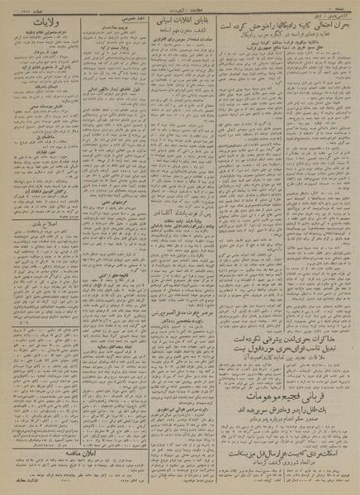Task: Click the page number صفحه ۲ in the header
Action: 342,6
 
